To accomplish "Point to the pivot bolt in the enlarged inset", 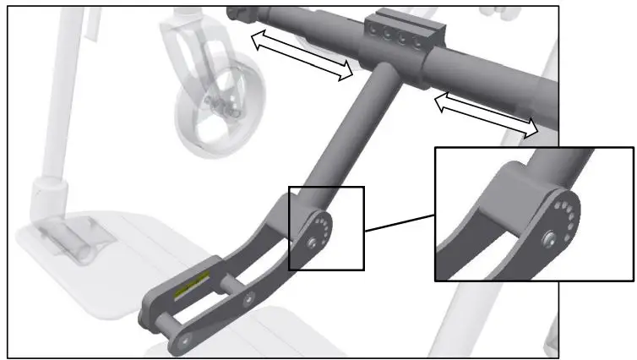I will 550,239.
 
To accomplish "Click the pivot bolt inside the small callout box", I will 313,242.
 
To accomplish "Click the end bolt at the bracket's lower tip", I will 182,342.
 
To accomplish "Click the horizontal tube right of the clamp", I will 498,71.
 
